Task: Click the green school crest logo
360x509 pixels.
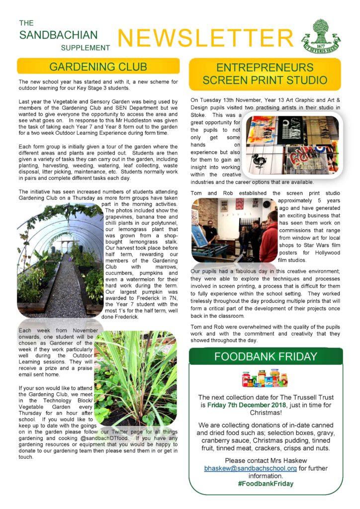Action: tap(325, 36)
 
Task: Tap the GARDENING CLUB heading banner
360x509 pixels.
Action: tap(98, 67)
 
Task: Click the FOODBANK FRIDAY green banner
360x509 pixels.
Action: tap(266, 356)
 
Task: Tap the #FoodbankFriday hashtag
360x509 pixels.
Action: tap(266, 484)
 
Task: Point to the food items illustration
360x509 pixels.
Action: tap(261, 379)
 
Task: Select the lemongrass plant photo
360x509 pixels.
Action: tap(135, 377)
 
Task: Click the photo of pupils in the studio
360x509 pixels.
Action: tap(234, 230)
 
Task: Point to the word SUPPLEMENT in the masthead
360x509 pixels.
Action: tap(85, 48)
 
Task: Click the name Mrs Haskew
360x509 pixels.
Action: tap(290, 460)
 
